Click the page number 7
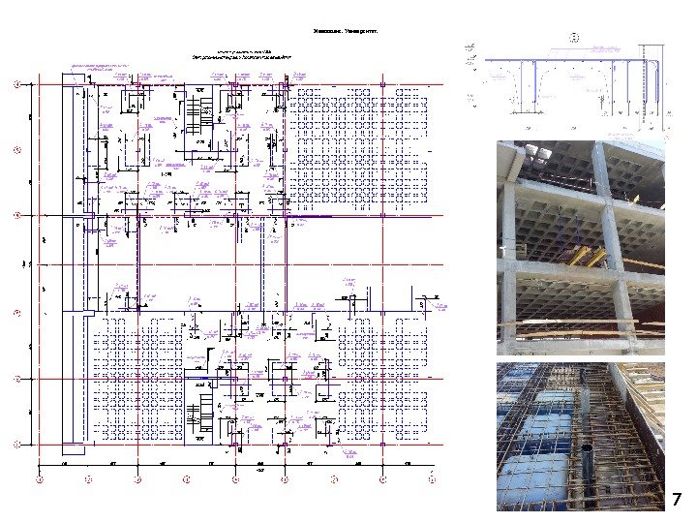(x=678, y=499)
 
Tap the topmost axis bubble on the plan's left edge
(x=16, y=84)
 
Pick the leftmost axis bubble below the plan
(x=40, y=478)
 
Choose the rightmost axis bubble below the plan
(x=432, y=478)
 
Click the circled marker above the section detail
(x=573, y=38)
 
